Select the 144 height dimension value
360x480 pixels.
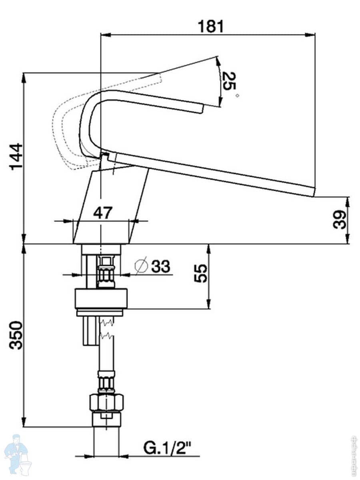(17, 156)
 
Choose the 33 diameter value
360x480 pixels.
(160, 266)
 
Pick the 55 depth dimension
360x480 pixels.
(202, 274)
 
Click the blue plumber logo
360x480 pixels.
(16, 454)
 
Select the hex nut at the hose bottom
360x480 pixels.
(106, 402)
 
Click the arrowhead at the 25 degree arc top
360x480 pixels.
(217, 60)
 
